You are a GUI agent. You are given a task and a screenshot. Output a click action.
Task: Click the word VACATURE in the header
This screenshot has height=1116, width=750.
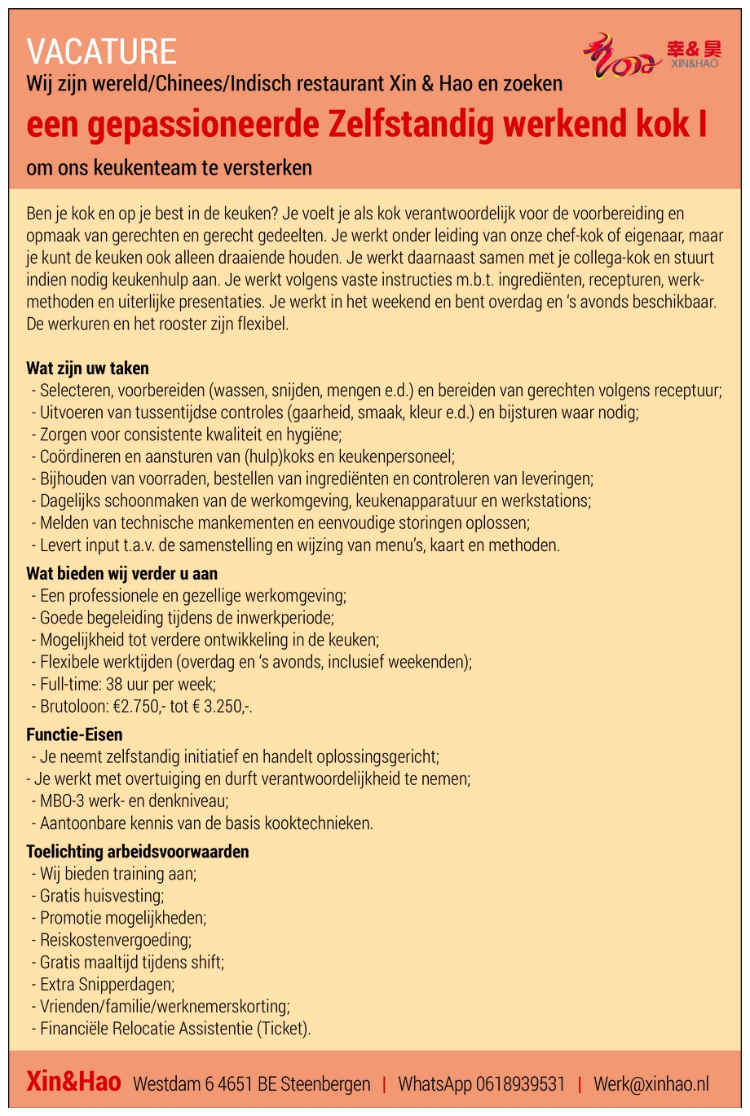[x=101, y=52]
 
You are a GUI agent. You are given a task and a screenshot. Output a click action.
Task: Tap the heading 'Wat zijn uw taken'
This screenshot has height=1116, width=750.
[x=87, y=368]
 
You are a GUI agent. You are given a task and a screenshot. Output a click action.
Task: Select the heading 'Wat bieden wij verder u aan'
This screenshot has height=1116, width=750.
[x=121, y=574]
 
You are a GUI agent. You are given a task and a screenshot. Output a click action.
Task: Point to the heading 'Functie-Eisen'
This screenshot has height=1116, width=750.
[x=74, y=734]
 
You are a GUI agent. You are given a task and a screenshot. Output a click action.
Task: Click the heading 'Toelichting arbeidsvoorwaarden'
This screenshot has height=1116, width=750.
[x=138, y=852]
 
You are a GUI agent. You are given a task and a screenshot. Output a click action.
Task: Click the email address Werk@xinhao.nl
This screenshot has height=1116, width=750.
[x=651, y=1084]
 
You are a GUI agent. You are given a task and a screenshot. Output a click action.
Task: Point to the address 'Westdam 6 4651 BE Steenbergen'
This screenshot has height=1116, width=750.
[x=251, y=1084]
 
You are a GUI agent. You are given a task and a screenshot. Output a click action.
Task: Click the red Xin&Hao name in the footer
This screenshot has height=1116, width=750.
[x=73, y=1083]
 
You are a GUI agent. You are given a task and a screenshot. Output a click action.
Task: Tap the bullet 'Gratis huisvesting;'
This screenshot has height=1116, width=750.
[x=102, y=896]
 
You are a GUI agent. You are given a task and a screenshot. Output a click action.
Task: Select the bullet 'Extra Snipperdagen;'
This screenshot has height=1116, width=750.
[x=107, y=984]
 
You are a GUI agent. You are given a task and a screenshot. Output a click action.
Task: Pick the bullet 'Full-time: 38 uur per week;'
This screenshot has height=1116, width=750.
[x=128, y=685]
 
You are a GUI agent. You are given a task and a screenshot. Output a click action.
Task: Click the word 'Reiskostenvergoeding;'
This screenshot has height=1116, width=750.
[x=116, y=940]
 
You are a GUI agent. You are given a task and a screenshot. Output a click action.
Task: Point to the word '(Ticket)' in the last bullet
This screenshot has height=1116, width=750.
[x=283, y=1028]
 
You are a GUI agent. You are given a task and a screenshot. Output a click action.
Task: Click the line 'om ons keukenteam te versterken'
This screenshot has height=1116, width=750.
[x=169, y=169]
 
